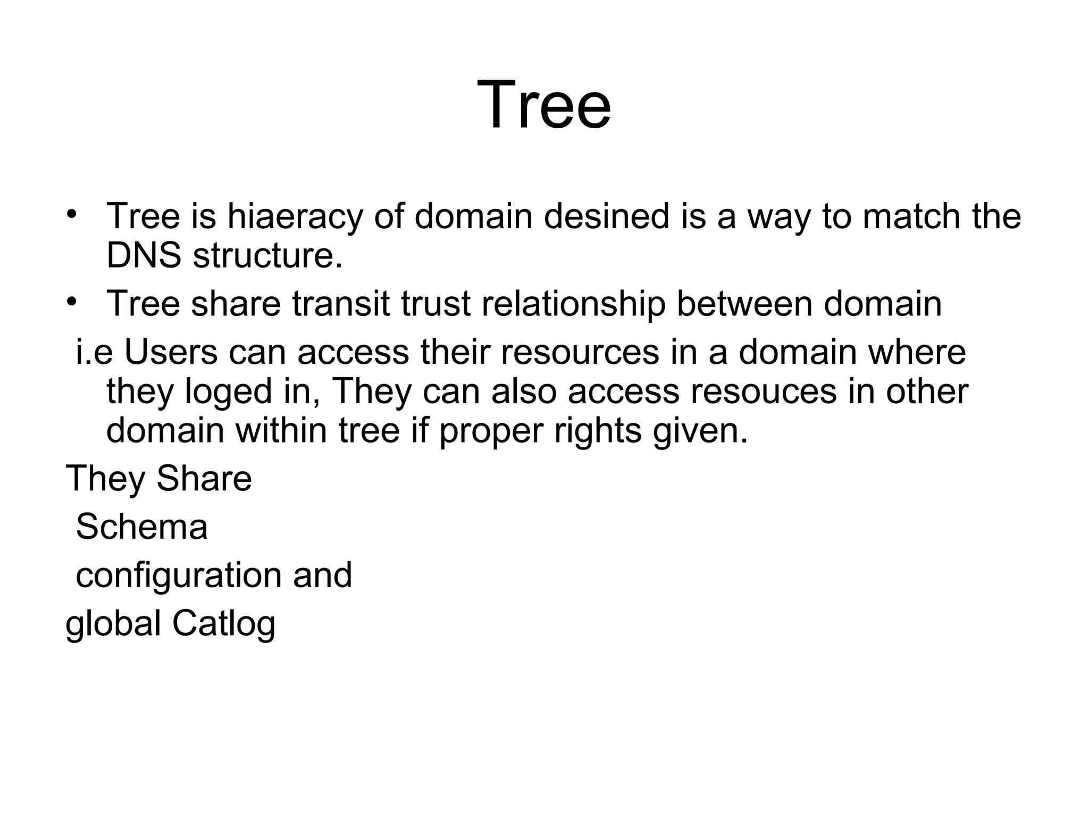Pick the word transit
click(340, 304)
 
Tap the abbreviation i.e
click(94, 352)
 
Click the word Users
click(171, 352)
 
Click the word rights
click(598, 431)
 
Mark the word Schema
click(141, 527)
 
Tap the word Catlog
click(223, 624)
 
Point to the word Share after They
click(204, 478)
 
